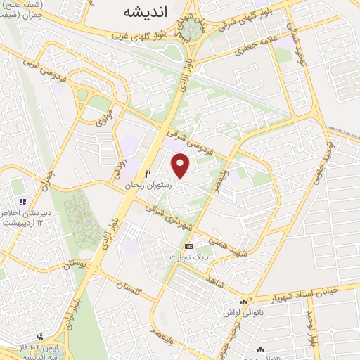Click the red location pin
(x=181, y=165)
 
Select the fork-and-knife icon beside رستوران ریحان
(x=148, y=173)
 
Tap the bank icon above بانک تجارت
(x=188, y=247)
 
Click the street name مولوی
(x=103, y=115)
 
